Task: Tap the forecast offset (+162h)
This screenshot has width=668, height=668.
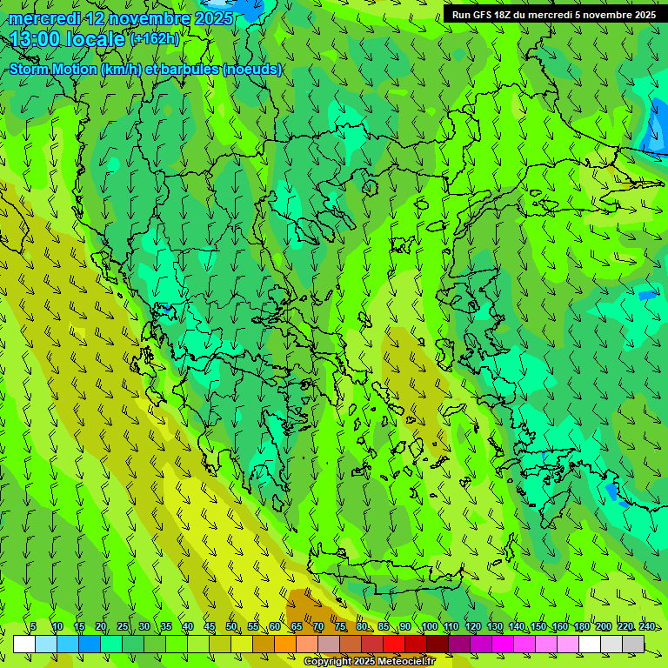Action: click(154, 38)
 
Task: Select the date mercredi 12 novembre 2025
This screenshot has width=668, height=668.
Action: click(120, 17)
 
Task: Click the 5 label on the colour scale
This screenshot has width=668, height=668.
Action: click(33, 627)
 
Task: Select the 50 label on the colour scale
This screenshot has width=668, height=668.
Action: click(231, 627)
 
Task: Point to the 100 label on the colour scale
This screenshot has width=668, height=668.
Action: click(428, 627)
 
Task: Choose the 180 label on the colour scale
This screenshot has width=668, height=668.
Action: click(580, 627)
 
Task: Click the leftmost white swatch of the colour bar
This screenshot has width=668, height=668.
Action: click(24, 644)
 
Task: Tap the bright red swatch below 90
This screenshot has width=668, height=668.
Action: click(394, 644)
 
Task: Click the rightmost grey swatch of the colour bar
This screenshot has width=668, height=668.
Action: click(633, 644)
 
